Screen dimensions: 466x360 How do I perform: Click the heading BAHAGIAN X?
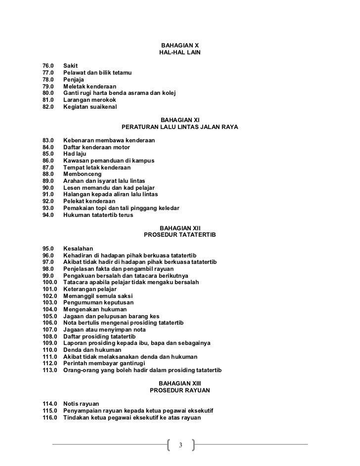point(180,45)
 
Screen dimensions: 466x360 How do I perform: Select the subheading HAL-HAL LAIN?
point(180,52)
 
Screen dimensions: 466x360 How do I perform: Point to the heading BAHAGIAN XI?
point(180,120)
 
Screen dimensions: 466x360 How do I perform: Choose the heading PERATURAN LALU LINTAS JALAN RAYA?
point(180,127)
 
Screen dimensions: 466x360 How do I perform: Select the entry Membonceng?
point(83,174)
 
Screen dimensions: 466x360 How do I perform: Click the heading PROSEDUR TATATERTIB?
point(180,235)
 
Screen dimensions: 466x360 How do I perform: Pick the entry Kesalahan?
point(78,249)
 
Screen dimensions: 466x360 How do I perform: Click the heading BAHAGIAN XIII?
point(180,383)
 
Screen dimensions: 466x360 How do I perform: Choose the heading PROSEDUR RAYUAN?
point(180,390)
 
